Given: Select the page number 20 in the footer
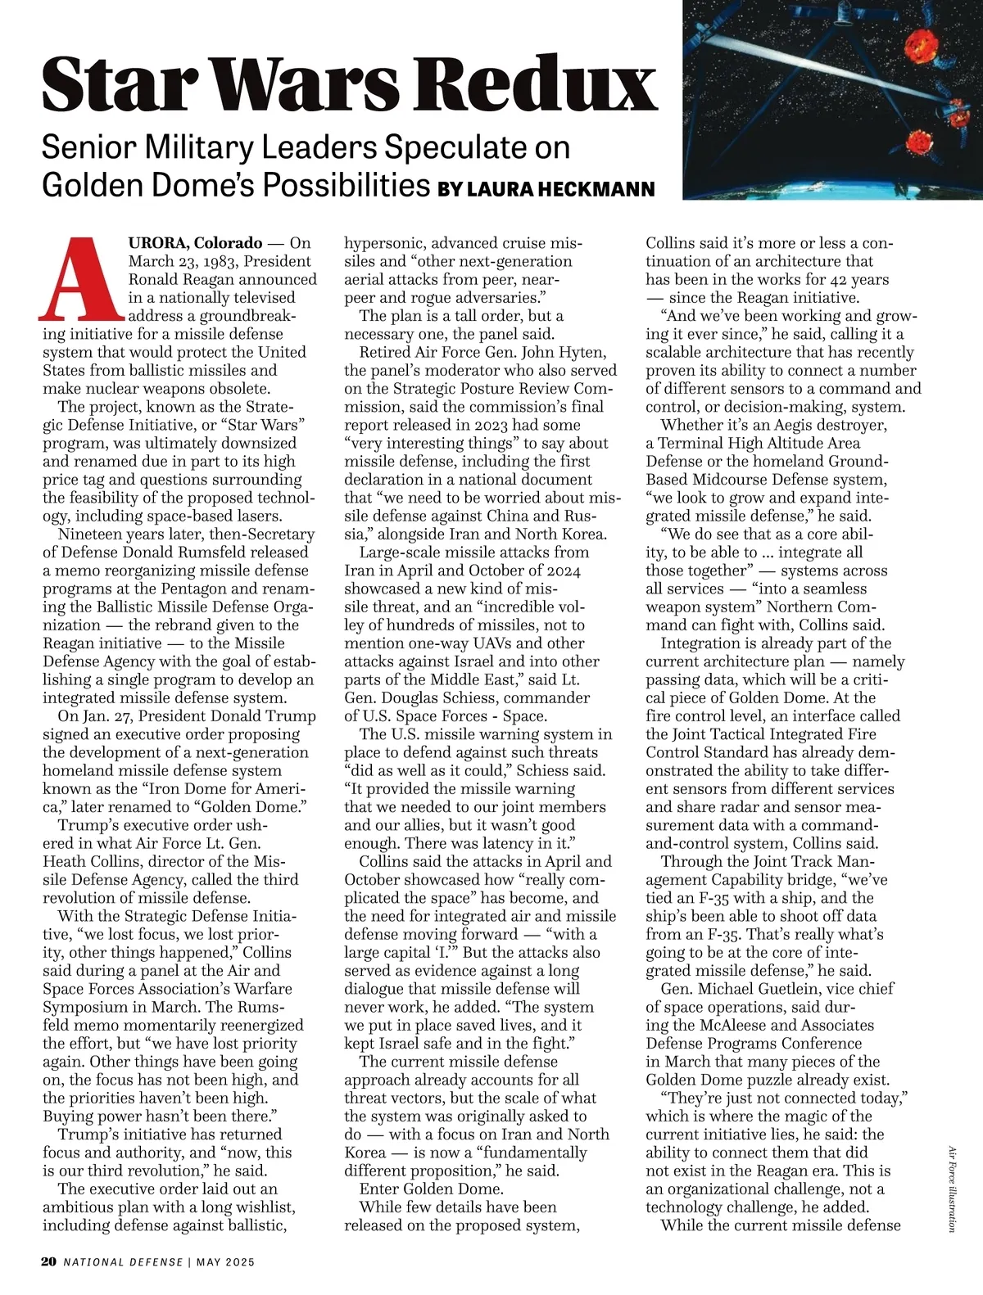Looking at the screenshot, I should coord(48,1261).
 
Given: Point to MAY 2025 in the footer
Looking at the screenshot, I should coord(226,1261).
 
